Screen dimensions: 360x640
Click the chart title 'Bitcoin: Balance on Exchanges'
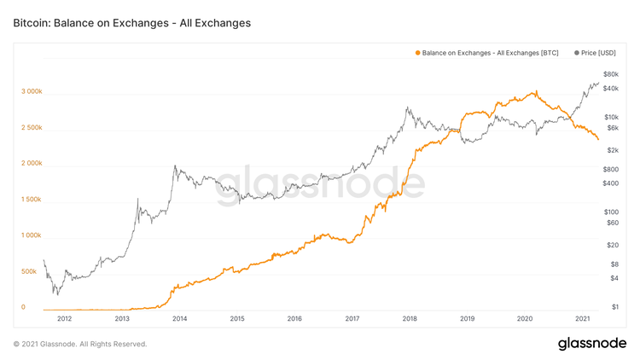click(132, 23)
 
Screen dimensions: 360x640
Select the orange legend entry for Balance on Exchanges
click(486, 52)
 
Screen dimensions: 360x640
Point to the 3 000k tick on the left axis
click(33, 91)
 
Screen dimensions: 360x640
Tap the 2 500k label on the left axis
click(33, 127)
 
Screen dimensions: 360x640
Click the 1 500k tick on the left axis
click(33, 199)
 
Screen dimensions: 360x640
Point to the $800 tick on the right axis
click(610, 169)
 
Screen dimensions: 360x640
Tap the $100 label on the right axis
click(610, 212)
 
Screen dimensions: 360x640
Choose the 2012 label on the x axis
click(64, 319)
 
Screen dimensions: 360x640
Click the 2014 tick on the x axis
click(179, 319)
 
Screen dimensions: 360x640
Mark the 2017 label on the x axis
click(352, 319)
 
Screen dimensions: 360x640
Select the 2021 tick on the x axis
click(582, 319)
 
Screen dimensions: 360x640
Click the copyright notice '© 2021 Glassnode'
click(80, 344)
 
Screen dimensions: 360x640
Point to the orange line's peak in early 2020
click(534, 91)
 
